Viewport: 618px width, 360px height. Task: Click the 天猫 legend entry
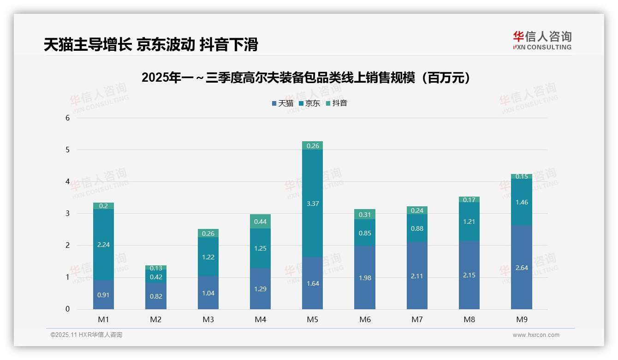(282, 103)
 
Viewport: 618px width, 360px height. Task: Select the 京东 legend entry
(309, 103)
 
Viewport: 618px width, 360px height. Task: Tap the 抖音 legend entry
(336, 103)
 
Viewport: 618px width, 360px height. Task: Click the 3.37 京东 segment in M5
(312, 204)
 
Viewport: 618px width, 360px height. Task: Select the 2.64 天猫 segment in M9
(521, 267)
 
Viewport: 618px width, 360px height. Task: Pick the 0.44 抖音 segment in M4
(260, 222)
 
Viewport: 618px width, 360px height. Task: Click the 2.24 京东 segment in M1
(103, 245)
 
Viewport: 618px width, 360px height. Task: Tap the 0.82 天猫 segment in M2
(156, 296)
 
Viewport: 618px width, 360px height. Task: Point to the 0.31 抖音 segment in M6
(364, 215)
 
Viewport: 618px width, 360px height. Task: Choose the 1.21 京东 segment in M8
(469, 222)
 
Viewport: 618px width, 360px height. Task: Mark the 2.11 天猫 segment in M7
(417, 276)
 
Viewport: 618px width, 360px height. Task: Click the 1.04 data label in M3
(208, 293)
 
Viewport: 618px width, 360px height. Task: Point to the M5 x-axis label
(312, 319)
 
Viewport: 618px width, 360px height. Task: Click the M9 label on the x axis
(521, 319)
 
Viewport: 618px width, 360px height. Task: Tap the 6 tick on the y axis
(67, 118)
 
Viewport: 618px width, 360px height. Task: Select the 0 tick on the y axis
(67, 309)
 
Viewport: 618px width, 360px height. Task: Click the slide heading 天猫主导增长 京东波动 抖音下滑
(151, 44)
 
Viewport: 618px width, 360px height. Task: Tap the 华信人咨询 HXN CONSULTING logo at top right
(542, 40)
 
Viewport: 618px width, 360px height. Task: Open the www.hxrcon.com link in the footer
(536, 335)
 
